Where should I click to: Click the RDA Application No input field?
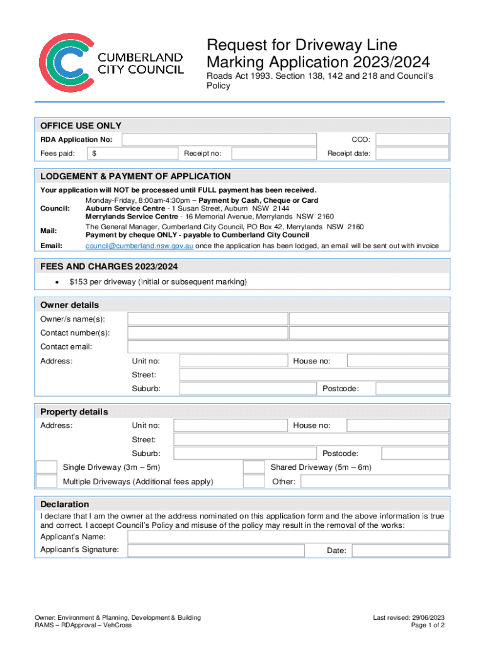coord(219,139)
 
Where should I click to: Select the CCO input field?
coord(413,139)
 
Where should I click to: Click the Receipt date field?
coord(413,153)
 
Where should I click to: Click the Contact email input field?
coord(288,347)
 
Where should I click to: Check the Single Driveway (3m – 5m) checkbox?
coord(46,467)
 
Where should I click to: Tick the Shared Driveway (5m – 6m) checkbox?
coord(254,467)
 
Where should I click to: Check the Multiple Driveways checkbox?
coord(46,482)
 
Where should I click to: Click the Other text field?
coord(375,482)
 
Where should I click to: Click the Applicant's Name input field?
coord(288,537)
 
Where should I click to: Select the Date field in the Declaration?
coord(400,551)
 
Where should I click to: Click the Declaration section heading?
coord(65,505)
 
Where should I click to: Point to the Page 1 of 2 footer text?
coord(428,625)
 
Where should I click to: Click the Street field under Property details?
coord(311,440)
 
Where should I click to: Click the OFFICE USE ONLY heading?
coord(81,126)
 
